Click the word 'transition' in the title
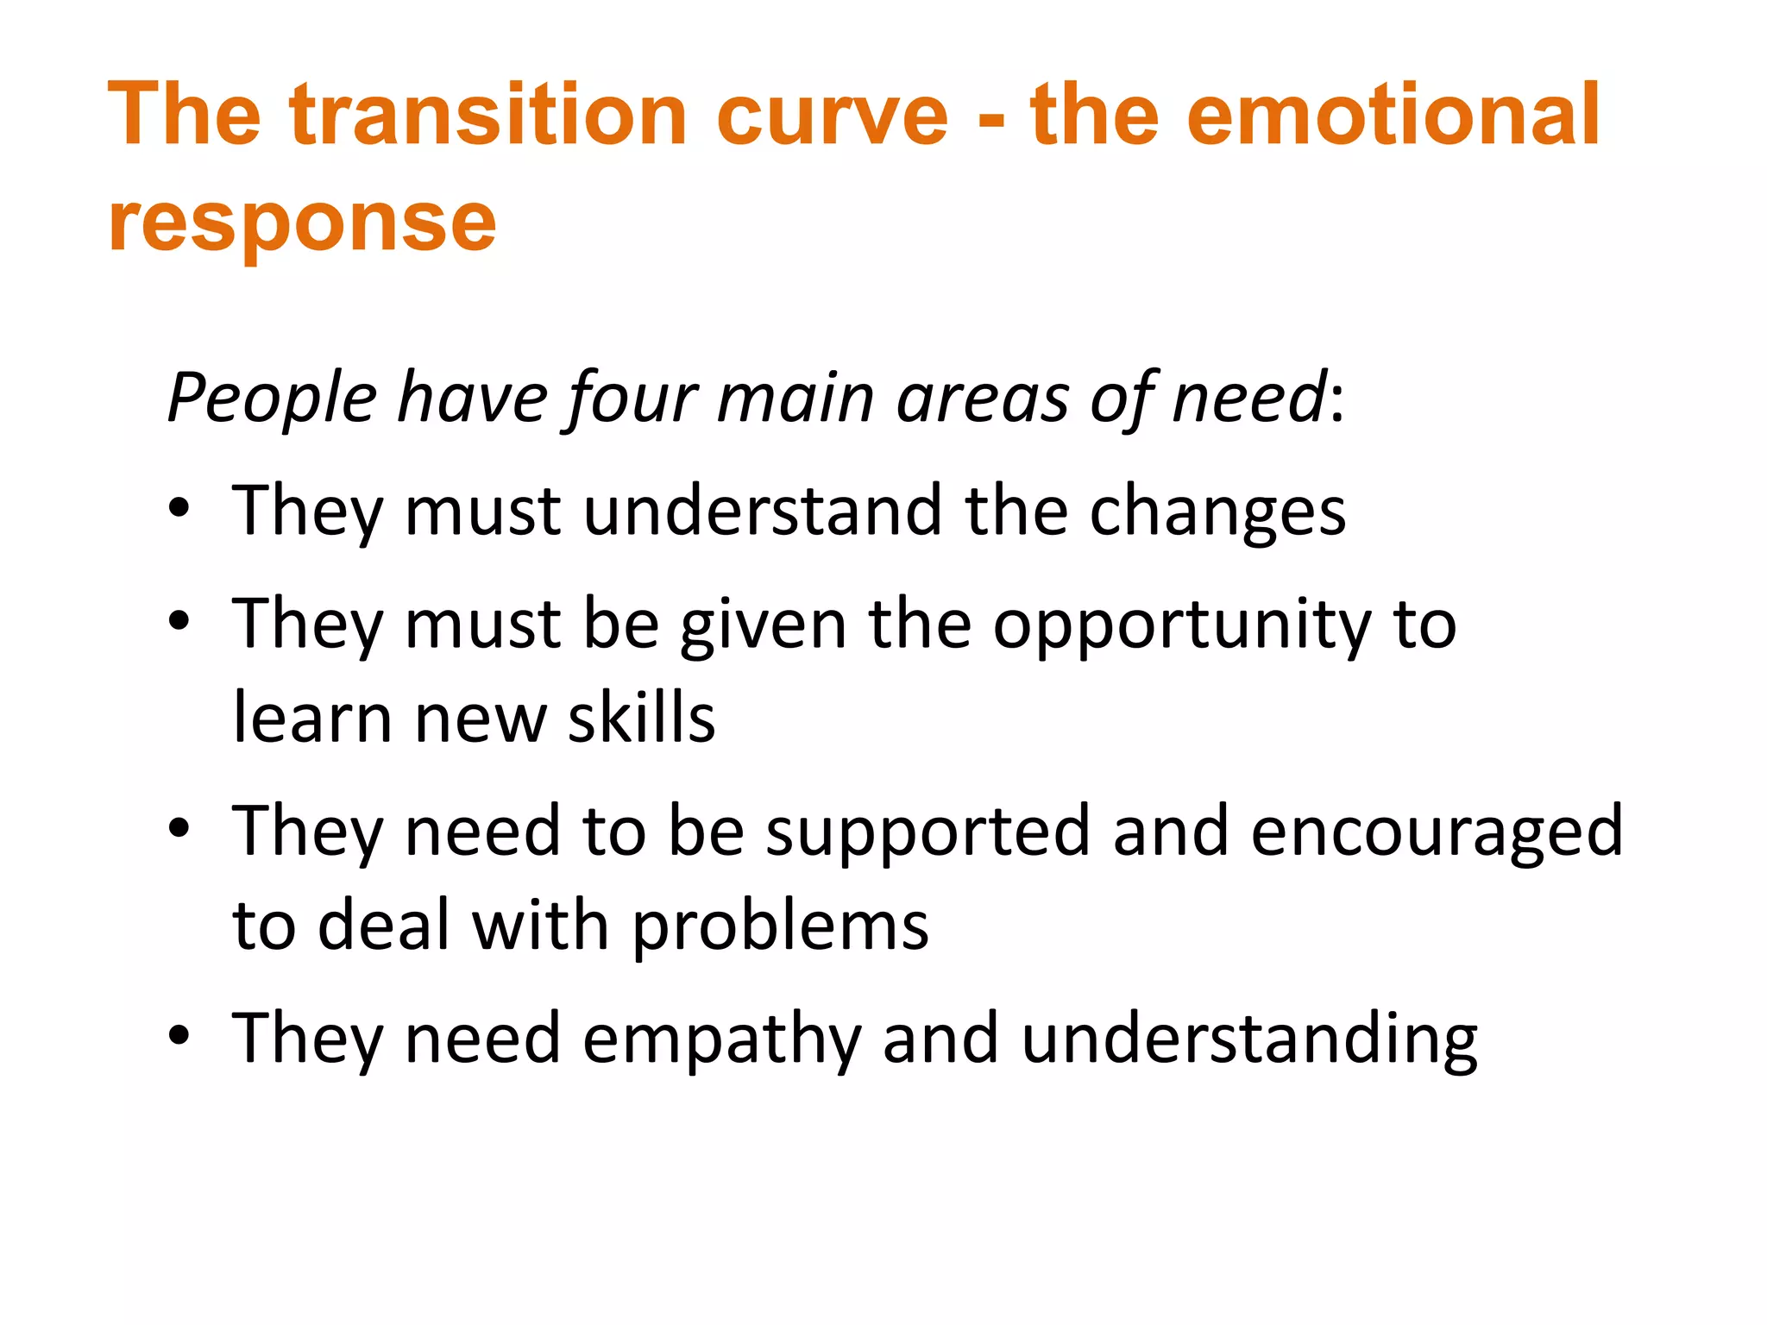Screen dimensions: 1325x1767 (488, 115)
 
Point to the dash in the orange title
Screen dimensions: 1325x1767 (992, 121)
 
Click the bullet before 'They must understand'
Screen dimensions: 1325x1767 (179, 509)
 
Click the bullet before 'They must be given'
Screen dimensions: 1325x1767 (179, 621)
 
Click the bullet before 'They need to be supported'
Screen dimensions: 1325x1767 (179, 828)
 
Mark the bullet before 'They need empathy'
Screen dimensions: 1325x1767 (179, 1035)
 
